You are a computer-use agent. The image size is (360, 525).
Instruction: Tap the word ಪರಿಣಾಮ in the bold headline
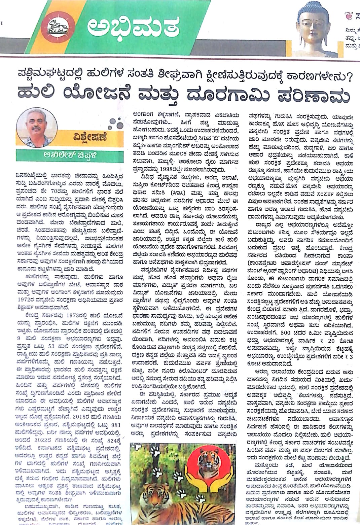point(306,91)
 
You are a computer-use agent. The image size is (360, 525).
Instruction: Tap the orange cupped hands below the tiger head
point(208,479)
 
